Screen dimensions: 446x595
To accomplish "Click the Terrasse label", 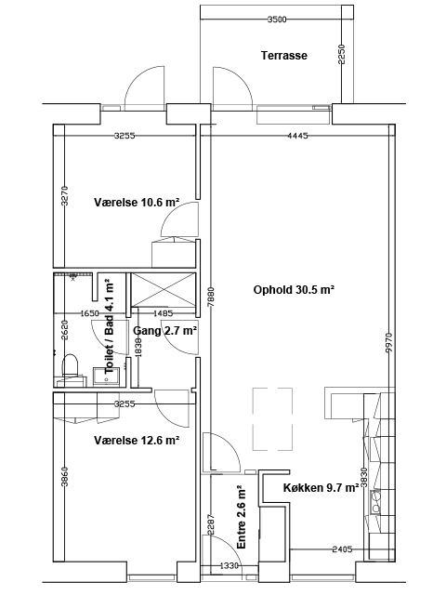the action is click(284, 56).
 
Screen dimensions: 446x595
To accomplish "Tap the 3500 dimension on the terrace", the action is click(277, 20).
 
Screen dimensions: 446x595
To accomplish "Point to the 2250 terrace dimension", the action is click(341, 55).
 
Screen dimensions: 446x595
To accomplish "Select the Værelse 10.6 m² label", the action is click(137, 203).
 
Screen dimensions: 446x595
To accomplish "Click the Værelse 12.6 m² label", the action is click(137, 440).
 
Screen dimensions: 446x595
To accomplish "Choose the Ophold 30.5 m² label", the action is click(294, 290).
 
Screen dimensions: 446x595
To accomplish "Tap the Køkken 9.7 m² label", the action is click(321, 487).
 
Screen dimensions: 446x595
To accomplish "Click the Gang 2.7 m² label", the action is click(164, 331).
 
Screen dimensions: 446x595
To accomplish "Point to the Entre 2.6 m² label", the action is click(241, 517).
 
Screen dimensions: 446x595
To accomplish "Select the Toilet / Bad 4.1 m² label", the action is click(110, 325).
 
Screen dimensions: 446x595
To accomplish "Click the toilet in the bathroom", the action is click(70, 365).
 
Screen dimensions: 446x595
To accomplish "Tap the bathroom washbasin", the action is click(107, 377).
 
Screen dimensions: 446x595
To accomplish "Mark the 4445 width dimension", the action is click(297, 136).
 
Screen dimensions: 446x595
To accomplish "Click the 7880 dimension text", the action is click(211, 297).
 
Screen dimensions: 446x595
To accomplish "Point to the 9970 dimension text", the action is click(388, 343).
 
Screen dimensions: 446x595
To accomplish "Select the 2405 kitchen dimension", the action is click(342, 549).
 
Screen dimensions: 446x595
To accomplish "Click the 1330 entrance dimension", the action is click(230, 566).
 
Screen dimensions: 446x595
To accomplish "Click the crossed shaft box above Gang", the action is click(164, 289).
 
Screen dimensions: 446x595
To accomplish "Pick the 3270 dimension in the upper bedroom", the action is click(65, 195).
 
